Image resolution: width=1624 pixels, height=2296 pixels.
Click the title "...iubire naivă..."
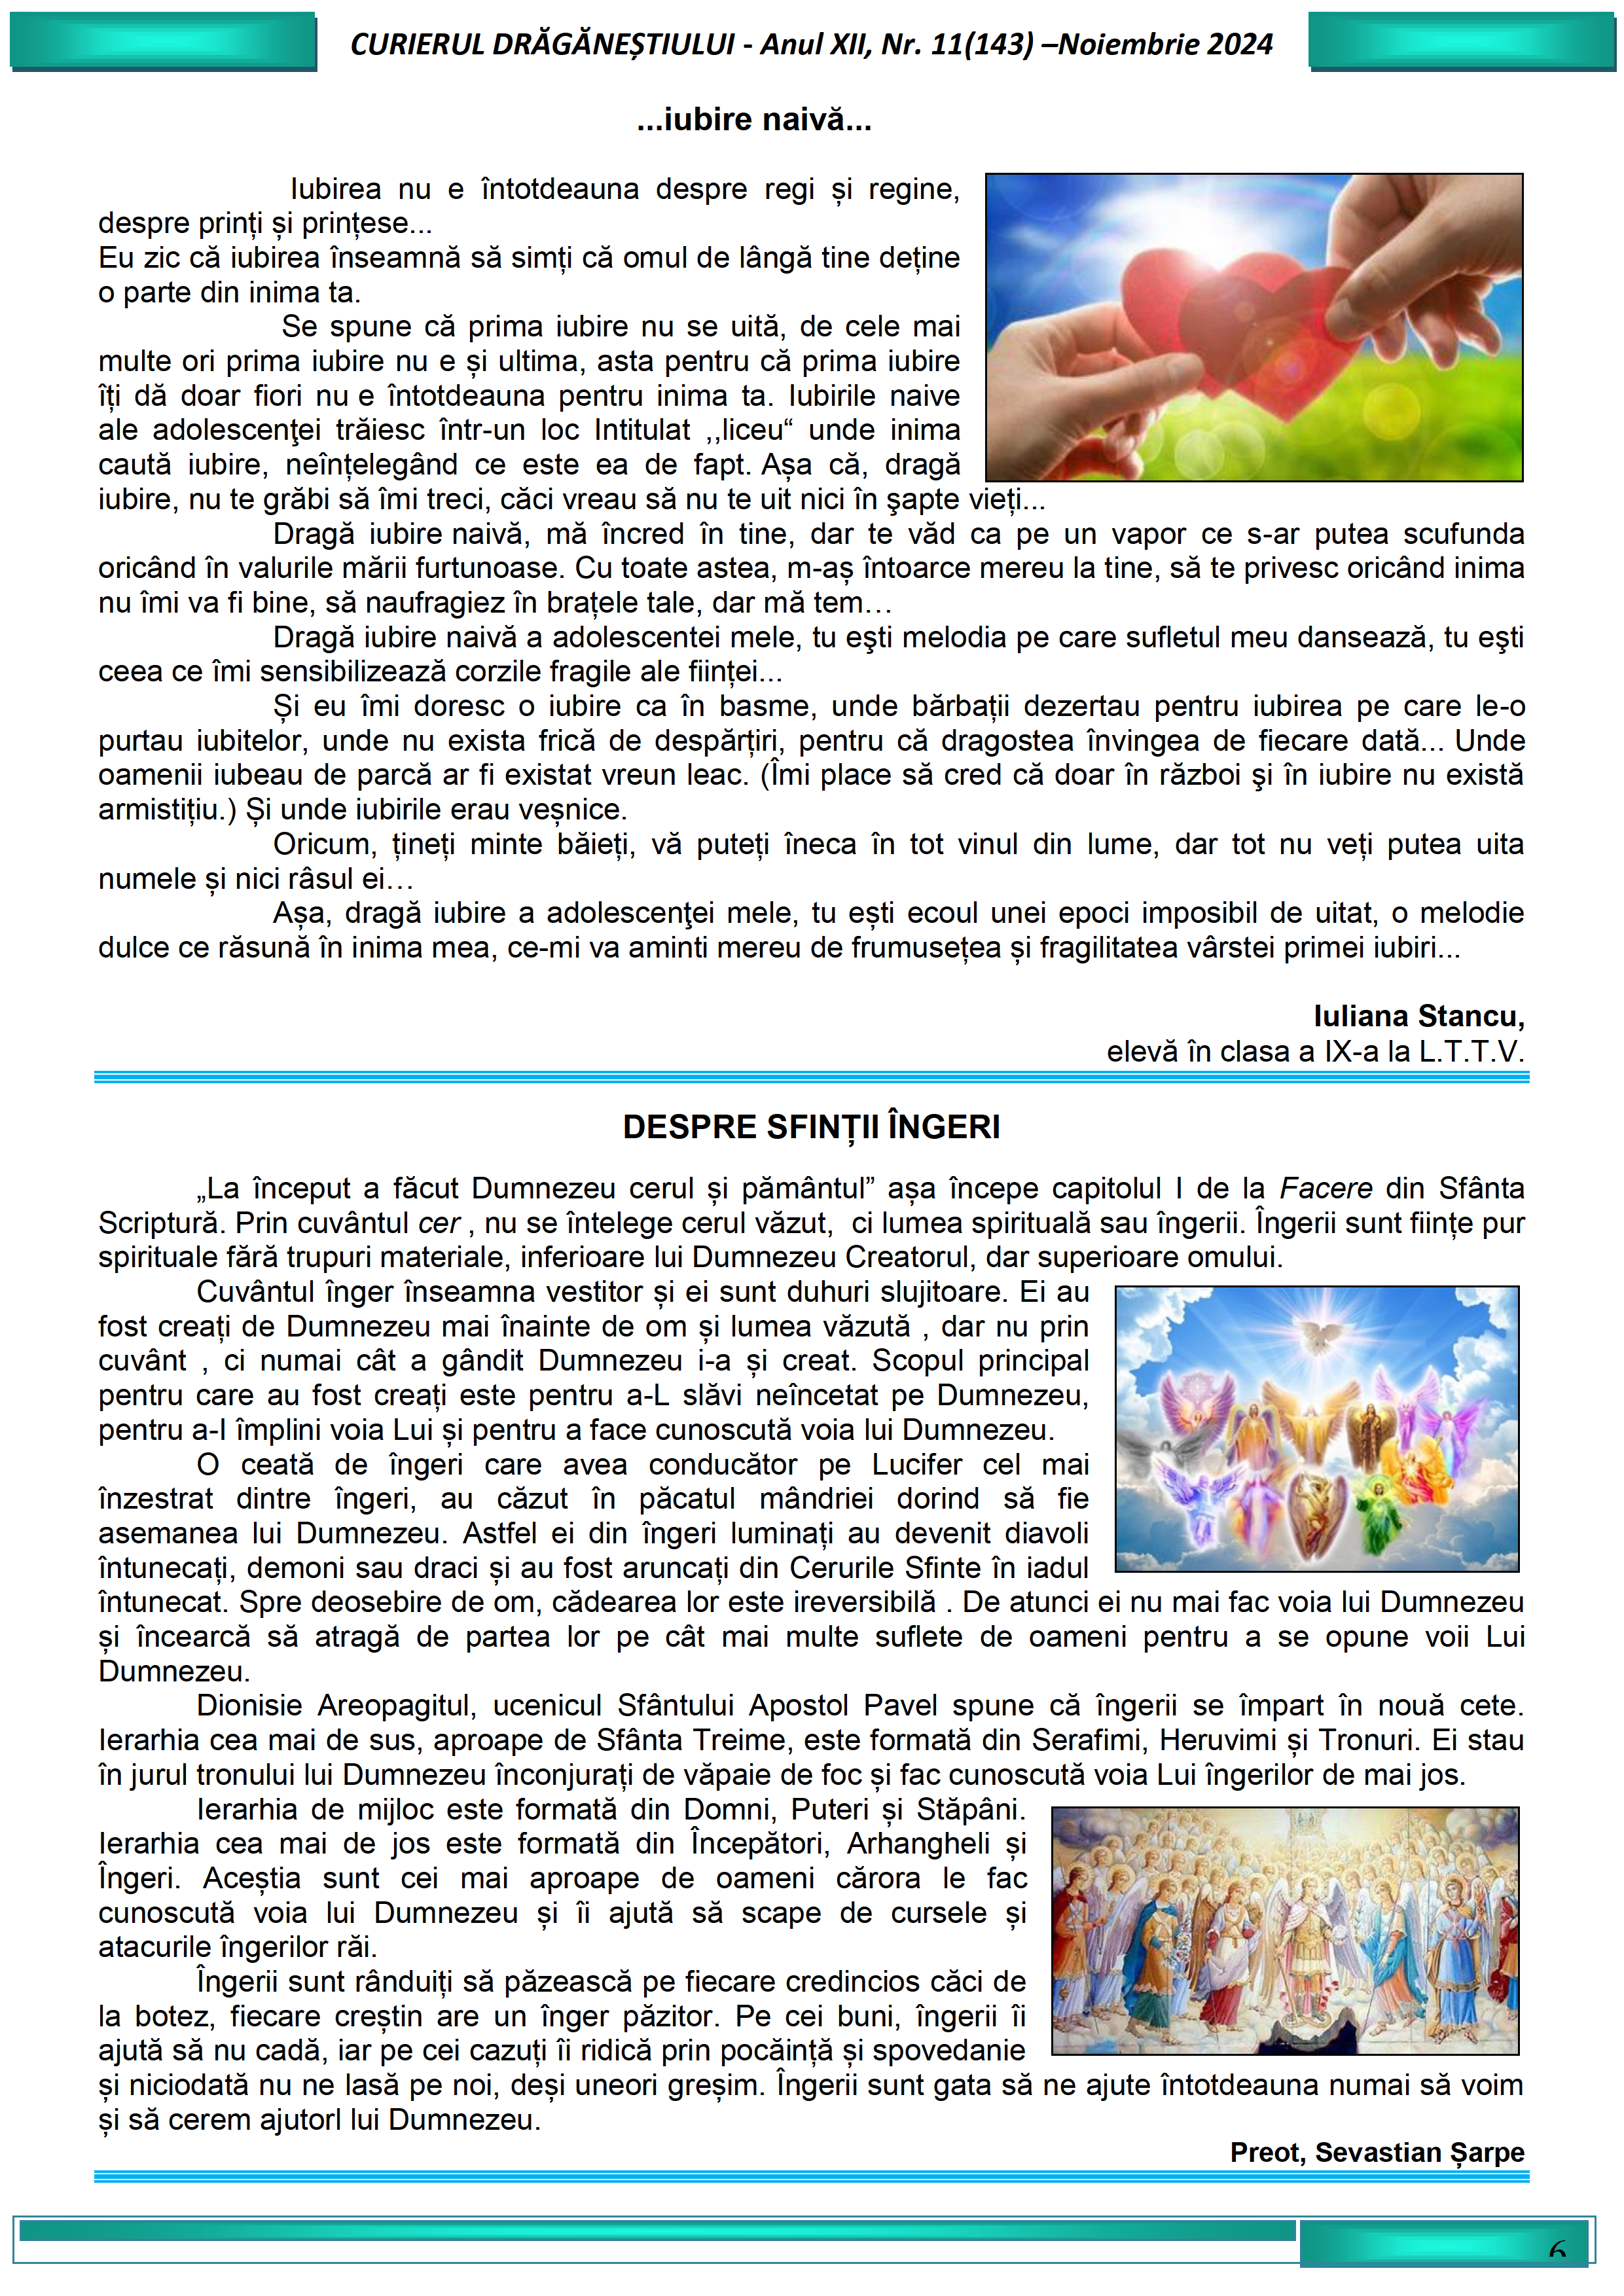point(754,120)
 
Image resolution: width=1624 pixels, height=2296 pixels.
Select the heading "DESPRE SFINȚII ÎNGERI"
point(811,1127)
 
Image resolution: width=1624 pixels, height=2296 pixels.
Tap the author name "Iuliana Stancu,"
point(1418,1016)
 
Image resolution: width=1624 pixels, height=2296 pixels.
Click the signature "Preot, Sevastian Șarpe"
point(1377,2152)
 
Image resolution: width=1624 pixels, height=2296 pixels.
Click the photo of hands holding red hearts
point(1254,327)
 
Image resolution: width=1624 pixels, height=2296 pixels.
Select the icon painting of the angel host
point(1285,1930)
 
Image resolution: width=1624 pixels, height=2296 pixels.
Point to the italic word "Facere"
point(1326,1189)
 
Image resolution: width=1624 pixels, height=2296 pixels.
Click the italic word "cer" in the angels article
point(438,1224)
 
